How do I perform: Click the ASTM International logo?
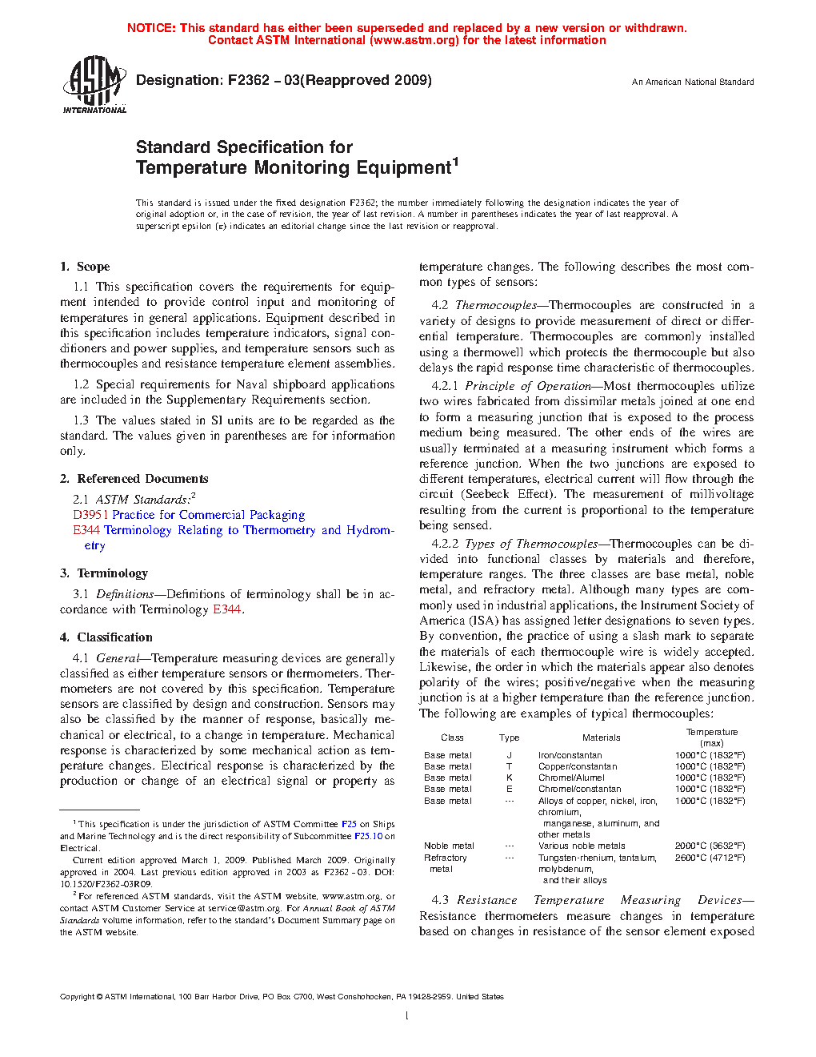[x=94, y=84]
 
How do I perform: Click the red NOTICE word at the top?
[x=151, y=28]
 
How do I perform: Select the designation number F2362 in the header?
[x=249, y=80]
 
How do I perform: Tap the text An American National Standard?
[x=693, y=82]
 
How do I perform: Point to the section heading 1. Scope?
[x=85, y=267]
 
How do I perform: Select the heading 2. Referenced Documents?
[x=134, y=479]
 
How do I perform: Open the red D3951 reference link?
[x=90, y=515]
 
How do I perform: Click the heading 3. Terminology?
[x=104, y=573]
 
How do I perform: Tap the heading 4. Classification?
[x=106, y=637]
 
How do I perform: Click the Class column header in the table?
[x=452, y=737]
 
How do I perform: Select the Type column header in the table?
[x=509, y=737]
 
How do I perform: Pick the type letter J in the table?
[x=509, y=755]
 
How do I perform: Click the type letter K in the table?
[x=509, y=778]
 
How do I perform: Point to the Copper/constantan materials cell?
[x=578, y=766]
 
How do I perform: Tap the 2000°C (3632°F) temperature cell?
[x=710, y=846]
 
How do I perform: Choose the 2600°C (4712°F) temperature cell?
[x=710, y=858]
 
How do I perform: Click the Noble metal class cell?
[x=449, y=846]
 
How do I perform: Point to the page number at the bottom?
[x=407, y=1016]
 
